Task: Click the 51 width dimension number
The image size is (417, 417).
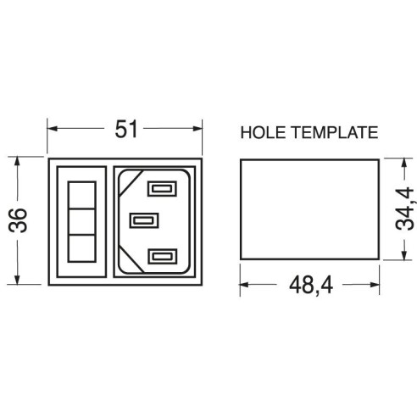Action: click(126, 129)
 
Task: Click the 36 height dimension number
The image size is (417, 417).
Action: click(18, 220)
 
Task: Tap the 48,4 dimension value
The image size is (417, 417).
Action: click(311, 286)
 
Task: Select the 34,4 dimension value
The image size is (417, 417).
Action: click(404, 208)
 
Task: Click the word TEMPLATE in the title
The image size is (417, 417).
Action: click(335, 132)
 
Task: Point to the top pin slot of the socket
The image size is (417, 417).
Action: click(162, 188)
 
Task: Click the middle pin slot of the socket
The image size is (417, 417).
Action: click(144, 220)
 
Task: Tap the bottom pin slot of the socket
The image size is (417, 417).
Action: click(162, 256)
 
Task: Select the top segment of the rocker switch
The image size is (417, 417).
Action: click(81, 195)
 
